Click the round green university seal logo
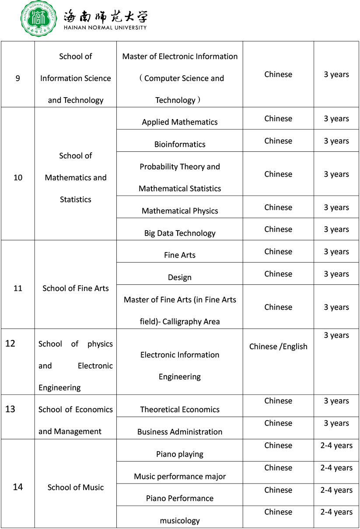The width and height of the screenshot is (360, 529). pos(39,18)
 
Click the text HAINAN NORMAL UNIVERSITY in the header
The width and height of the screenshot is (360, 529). pos(105,28)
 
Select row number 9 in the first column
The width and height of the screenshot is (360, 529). pos(17,78)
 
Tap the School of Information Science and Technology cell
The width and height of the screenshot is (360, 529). pos(76,78)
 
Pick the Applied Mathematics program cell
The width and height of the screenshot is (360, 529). pos(180,122)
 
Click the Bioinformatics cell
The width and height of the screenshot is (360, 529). pos(180,144)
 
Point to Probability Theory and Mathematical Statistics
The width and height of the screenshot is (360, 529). pos(180,177)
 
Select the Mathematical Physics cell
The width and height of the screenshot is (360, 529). pos(180,211)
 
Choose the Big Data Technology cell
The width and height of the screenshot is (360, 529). pos(180,233)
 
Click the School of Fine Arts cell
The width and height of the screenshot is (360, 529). pos(76,288)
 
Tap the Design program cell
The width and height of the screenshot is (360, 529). pos(180,277)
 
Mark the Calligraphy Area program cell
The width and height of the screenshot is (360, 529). pos(180,310)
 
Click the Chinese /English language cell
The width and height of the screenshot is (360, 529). pos(278,347)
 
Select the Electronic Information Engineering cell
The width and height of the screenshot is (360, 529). pos(180,365)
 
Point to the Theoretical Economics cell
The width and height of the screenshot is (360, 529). pos(180,410)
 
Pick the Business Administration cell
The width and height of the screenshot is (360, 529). pos(180,432)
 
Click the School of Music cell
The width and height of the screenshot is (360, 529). pos(76,487)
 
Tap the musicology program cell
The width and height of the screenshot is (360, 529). pos(180,521)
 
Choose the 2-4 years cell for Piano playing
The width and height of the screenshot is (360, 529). pos(336,445)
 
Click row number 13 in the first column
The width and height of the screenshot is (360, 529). pos(10,409)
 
